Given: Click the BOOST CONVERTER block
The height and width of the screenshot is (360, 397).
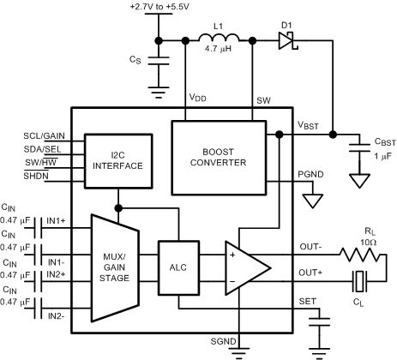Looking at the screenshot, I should coord(219,156).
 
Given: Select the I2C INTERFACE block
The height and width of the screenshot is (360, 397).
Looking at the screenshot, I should coord(109,159).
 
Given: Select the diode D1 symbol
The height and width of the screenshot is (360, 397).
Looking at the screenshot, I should coord(286,40).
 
